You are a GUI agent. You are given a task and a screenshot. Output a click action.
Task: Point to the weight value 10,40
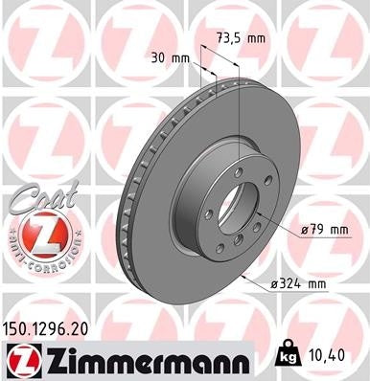tap(330, 355)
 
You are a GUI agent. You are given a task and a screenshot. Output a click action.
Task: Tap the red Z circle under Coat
tap(40, 234)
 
